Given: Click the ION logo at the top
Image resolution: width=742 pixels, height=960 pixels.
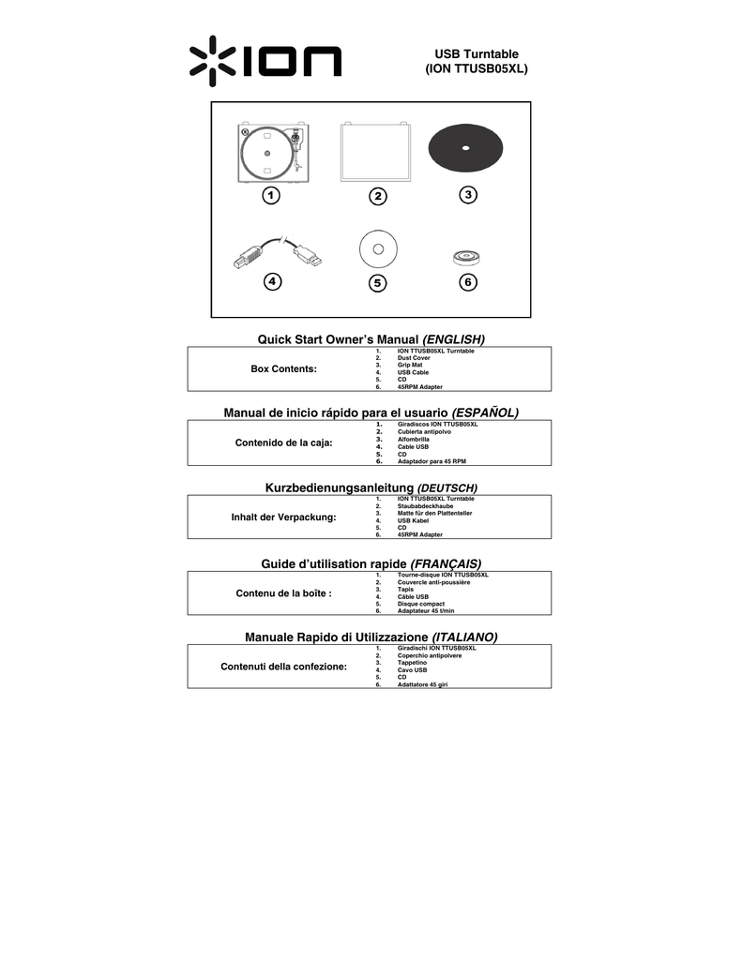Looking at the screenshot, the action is [265, 61].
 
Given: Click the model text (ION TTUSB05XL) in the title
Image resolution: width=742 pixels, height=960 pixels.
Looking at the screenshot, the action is [477, 68].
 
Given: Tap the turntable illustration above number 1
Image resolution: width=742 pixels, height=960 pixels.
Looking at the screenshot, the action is [273, 153].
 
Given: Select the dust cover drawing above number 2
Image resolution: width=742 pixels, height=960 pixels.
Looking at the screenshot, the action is [375, 152].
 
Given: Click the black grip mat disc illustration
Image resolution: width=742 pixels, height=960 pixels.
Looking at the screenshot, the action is [465, 148].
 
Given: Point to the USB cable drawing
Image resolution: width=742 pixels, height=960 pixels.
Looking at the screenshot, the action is [278, 251].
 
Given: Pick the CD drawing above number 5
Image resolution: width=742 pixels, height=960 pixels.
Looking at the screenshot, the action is [378, 249].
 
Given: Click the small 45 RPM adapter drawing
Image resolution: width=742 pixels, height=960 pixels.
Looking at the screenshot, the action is [466, 257].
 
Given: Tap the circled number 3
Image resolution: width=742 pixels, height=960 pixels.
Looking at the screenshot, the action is [468, 195].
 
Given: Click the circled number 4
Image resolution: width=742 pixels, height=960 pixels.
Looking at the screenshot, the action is [273, 281].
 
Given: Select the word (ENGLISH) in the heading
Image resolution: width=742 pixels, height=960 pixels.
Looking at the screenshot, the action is [453, 339].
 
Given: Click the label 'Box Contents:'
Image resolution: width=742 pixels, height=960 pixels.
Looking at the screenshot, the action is [283, 368].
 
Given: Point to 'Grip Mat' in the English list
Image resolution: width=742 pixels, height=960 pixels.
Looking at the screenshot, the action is [410, 365].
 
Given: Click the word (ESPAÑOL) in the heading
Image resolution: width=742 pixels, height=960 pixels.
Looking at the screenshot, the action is [485, 412].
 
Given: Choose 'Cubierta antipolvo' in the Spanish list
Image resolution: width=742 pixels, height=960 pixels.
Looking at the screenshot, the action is [424, 431].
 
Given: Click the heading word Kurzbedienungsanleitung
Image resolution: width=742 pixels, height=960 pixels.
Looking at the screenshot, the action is [340, 487].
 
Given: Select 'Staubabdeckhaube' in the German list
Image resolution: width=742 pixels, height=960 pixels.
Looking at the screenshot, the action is [425, 506].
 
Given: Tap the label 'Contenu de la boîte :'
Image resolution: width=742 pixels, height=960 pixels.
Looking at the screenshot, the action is [283, 593].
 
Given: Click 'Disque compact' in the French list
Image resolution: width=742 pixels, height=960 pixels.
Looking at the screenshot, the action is [421, 604].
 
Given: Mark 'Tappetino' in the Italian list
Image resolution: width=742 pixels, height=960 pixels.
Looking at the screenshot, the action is [412, 663].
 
